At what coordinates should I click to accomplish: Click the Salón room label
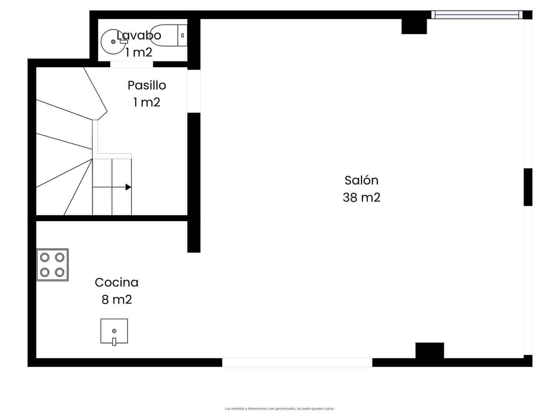point(361,180)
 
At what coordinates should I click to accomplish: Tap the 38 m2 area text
point(361,197)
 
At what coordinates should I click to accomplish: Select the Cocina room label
point(117,282)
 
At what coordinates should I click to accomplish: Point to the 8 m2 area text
point(117,300)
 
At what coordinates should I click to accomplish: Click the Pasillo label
point(147,85)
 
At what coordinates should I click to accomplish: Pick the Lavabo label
point(139,35)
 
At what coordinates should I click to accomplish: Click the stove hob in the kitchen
point(52,265)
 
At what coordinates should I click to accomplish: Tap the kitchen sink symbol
point(114,331)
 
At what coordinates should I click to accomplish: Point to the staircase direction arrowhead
point(128,187)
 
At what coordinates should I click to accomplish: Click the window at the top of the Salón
point(477,14)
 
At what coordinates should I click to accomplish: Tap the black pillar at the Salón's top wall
point(414,26)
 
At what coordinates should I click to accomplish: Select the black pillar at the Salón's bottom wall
point(429,350)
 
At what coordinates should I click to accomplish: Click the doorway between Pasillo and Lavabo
point(132,64)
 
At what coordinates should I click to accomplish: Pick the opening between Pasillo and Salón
point(194,91)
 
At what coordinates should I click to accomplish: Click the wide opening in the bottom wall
point(297,363)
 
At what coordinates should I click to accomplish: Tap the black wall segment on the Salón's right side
point(528,187)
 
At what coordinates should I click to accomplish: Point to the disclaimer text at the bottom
point(280,408)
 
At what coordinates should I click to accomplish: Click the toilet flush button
point(182,35)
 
